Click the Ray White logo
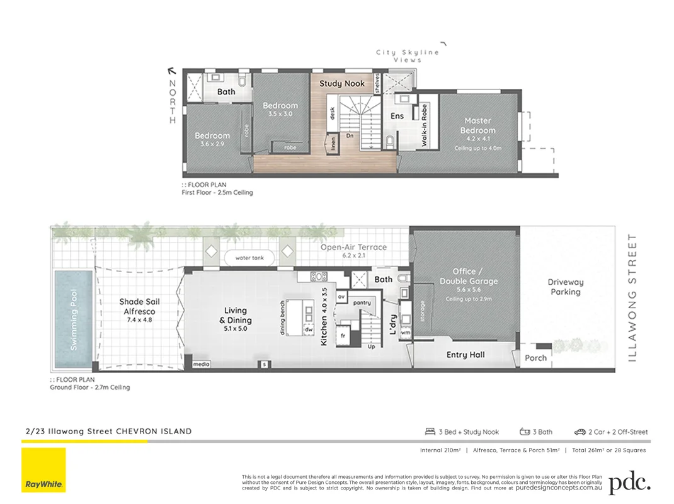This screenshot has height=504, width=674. click(43, 470)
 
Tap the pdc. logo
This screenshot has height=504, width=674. click(630, 482)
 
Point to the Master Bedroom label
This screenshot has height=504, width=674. click(478, 125)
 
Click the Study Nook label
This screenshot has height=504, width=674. click(341, 83)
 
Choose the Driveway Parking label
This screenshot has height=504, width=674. click(565, 287)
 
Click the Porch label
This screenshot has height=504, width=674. click(535, 358)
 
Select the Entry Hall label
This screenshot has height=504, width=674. click(466, 355)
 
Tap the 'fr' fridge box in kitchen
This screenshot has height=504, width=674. click(344, 335)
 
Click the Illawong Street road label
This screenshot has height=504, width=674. click(633, 297)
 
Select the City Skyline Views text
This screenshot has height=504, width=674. click(408, 56)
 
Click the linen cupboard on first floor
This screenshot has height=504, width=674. click(333, 144)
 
